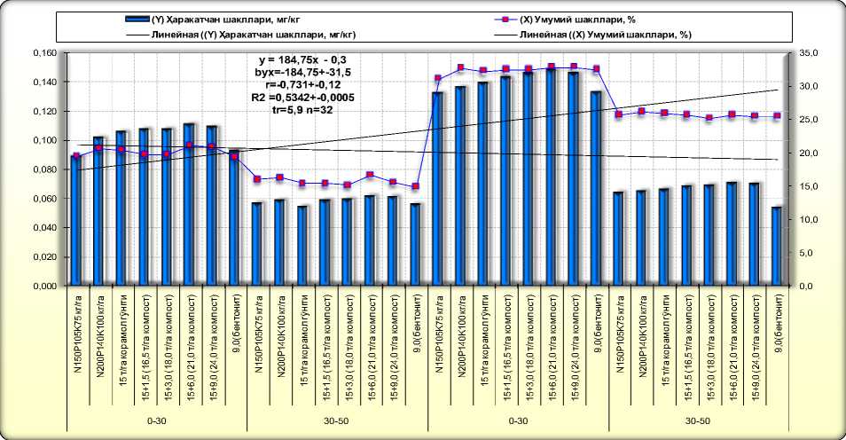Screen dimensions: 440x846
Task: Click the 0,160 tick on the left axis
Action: click(x=44, y=53)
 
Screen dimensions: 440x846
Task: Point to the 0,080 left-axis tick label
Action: click(x=44, y=169)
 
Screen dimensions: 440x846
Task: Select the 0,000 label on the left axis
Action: click(x=44, y=287)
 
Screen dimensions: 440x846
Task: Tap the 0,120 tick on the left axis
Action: click(x=44, y=112)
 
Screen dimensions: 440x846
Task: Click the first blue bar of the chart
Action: click(x=75, y=221)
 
